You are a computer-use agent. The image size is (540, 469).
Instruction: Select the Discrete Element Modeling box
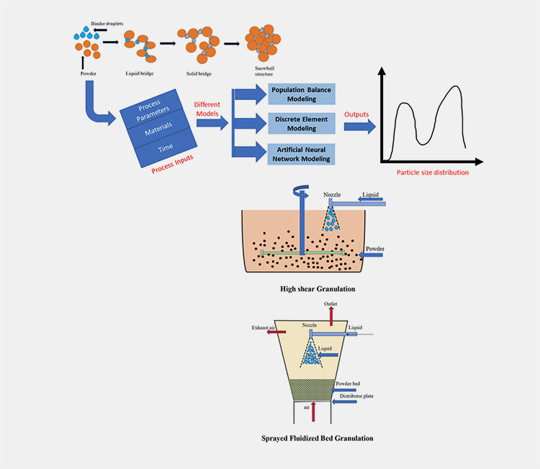(303, 123)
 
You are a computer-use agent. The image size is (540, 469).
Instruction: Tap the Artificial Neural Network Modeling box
(303, 152)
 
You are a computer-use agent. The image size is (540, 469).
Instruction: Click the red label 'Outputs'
(358, 114)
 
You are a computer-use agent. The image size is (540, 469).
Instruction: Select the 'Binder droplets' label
(107, 24)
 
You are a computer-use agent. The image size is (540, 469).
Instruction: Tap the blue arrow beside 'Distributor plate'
(348, 401)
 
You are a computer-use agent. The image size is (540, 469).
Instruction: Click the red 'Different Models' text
(210, 109)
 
